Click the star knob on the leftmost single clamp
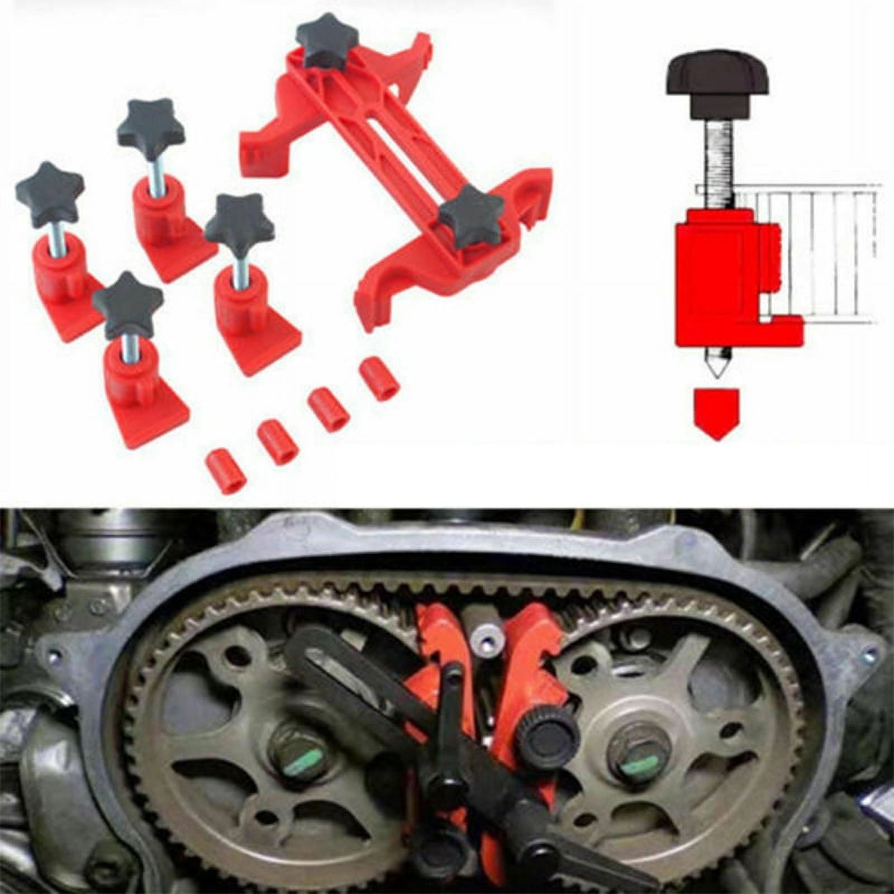[x=49, y=193]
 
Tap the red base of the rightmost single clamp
[x=268, y=341]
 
